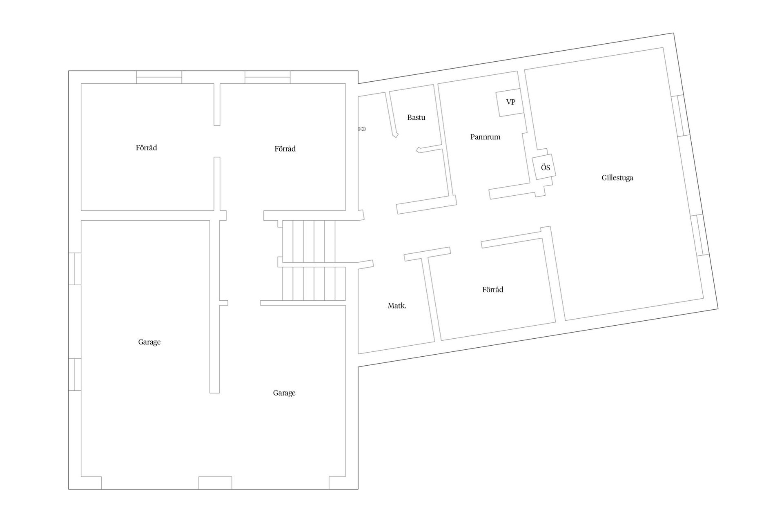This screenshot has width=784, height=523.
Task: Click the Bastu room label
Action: [x=416, y=118]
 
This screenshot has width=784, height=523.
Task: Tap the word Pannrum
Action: [x=485, y=137]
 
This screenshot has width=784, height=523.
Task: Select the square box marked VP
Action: [x=510, y=102]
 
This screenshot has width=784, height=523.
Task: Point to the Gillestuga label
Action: [x=617, y=178]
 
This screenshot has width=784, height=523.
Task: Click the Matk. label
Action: [x=397, y=306]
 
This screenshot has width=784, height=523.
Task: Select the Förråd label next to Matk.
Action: [x=492, y=290]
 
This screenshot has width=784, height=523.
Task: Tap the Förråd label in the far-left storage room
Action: [x=146, y=148]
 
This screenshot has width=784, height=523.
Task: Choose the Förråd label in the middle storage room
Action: [x=285, y=149]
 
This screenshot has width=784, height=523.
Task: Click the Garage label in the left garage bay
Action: [x=149, y=342]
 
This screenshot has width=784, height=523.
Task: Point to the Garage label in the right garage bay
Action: [x=284, y=393]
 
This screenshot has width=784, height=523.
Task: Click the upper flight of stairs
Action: [x=309, y=241]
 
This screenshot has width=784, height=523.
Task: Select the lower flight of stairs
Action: [x=314, y=284]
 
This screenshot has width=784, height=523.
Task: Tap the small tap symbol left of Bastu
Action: [x=362, y=129]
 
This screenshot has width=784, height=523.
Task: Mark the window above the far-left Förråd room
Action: [x=159, y=77]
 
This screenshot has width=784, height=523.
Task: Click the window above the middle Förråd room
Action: [x=267, y=77]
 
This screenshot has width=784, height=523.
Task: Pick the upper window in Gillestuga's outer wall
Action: [x=681, y=116]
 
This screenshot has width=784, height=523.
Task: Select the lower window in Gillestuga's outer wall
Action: [x=700, y=235]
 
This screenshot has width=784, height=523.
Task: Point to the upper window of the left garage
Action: [x=75, y=268]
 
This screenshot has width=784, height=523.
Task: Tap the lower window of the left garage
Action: [x=75, y=374]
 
